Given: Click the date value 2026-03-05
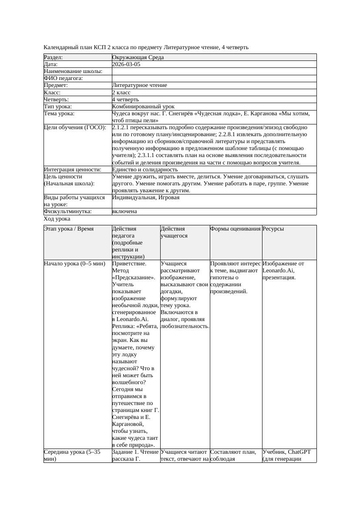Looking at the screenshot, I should pos(126,64).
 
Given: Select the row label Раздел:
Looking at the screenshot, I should pos(54,57).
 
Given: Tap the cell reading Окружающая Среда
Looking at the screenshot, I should pos(138,57).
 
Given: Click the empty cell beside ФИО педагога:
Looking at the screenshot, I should pos(214,78).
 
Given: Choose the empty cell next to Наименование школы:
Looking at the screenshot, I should pos(214,71).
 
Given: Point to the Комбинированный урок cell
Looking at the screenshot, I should pos(143,107).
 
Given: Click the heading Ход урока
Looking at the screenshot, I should pos(57,219).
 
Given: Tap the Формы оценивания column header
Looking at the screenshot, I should pos(236,229).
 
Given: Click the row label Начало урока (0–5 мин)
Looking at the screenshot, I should pos(74,264).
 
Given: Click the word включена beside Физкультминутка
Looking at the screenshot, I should pos(124,211).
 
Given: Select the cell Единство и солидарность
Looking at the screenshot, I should pos(145,170).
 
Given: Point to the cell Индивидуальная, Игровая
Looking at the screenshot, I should pos(146,198).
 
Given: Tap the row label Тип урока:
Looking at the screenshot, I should pos(58,107).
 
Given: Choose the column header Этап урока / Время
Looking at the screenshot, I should pos(69,229).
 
